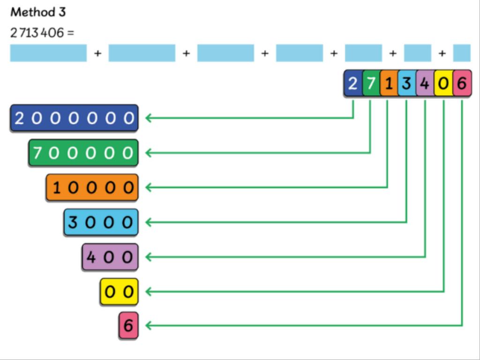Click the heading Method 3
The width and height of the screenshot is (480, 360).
pos(38,12)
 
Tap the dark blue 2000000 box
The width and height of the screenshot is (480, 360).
pos(74,118)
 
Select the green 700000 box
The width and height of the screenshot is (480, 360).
pos(83,153)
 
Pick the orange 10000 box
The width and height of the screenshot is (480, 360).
pos(92,187)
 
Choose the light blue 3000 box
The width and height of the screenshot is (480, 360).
pos(101,222)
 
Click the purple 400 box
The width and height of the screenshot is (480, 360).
pos(110,257)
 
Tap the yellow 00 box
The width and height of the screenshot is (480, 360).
pos(119,292)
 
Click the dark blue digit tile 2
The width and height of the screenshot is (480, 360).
pos(353,84)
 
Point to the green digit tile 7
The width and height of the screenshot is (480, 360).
pos(370,84)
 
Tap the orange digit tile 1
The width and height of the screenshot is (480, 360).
pos(388,84)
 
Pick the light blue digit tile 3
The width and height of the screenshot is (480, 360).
pos(406,84)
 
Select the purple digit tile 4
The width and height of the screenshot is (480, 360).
pos(425,84)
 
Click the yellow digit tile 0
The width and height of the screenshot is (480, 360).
pos(443,84)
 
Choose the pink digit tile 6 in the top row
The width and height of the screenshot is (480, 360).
pos(462,84)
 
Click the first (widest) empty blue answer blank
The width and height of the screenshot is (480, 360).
pos(48,53)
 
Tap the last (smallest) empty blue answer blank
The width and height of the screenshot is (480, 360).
pos(462,53)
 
